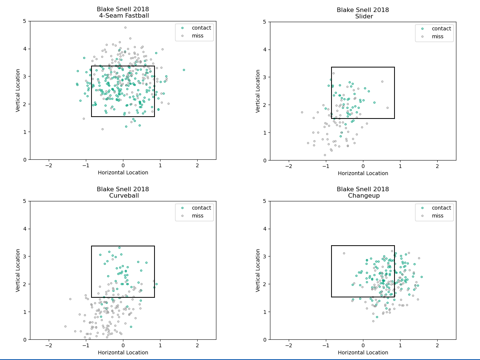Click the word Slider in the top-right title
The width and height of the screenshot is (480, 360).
364,16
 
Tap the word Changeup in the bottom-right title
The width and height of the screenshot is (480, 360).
364,196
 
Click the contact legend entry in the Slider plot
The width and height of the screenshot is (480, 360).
441,28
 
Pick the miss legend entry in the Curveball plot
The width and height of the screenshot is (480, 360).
198,216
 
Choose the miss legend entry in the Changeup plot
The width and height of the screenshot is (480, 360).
438,216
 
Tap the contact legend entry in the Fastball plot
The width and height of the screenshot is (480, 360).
201,28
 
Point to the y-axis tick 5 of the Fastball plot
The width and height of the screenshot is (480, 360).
25,21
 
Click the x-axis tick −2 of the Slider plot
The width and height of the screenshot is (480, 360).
288,166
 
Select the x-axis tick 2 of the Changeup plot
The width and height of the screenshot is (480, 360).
437,345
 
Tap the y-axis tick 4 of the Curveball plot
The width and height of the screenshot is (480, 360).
25,229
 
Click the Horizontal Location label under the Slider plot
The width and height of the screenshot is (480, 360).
363,173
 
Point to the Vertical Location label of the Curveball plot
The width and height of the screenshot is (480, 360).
18,270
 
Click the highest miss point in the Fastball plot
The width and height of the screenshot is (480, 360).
125,27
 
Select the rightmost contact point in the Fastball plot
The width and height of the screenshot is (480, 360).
184,70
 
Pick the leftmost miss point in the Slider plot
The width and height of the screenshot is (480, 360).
302,112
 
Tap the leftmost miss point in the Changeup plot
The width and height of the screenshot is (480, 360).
344,253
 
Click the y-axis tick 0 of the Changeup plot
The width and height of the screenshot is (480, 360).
265,339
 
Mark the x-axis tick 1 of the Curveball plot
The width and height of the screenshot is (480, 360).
160,345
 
